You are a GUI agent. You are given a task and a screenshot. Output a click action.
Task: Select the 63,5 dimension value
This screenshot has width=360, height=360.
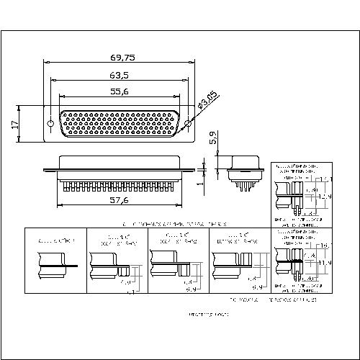(120, 74)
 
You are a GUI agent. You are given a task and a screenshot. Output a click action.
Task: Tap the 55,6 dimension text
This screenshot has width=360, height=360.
(120, 91)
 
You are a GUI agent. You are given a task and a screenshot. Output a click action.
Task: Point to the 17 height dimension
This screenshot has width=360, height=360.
(14, 124)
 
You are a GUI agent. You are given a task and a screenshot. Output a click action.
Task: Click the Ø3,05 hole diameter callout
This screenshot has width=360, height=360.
(208, 102)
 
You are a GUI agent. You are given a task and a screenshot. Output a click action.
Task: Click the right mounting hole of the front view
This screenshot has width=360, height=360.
(189, 124)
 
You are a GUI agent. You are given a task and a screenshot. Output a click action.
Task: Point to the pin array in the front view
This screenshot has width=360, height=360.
(119, 123)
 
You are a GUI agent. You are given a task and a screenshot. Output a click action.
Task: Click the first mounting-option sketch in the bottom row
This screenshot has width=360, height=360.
(55, 263)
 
